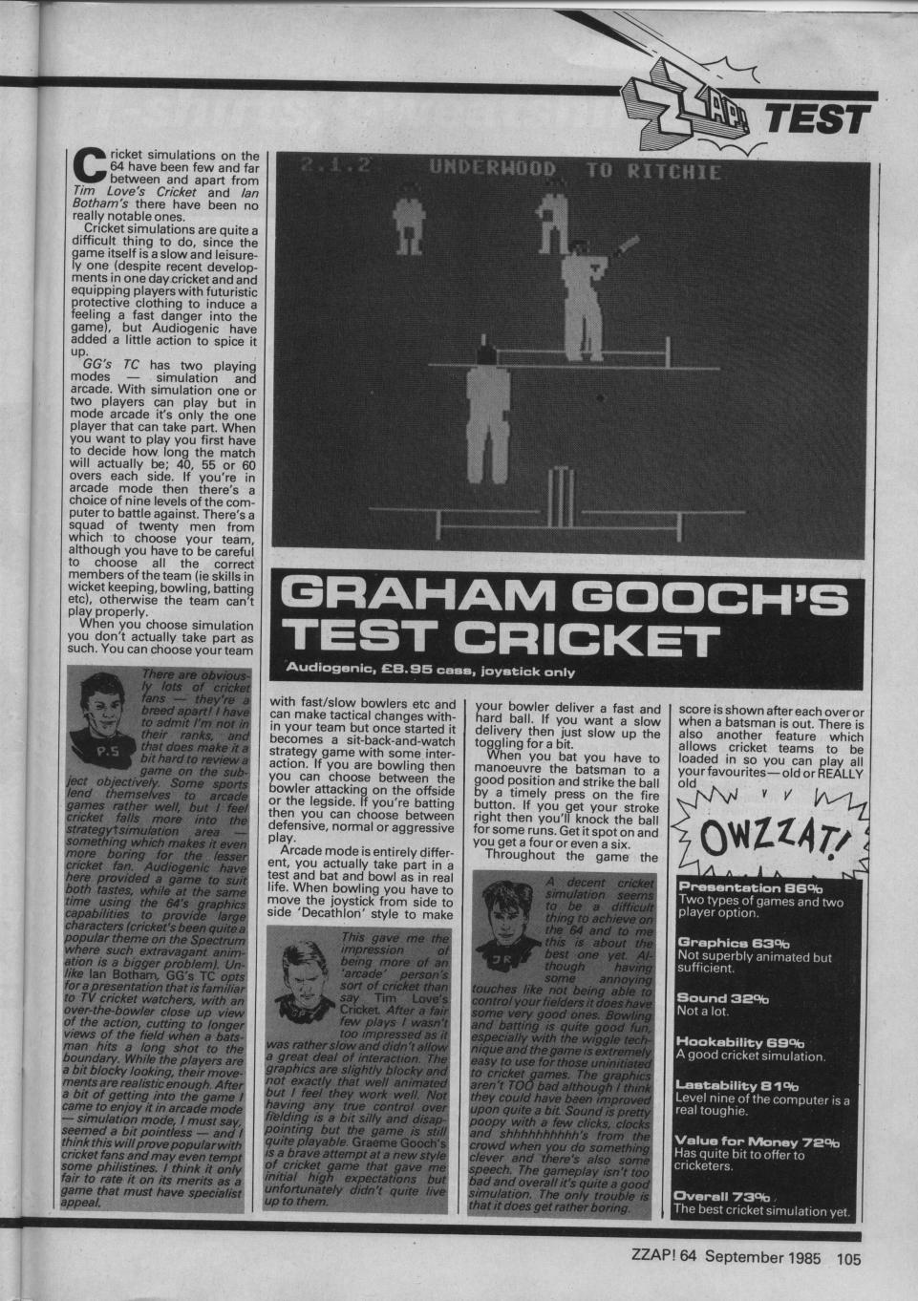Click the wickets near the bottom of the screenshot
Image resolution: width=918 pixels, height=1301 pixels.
tap(566, 492)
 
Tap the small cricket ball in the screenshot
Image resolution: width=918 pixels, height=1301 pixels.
tap(599, 395)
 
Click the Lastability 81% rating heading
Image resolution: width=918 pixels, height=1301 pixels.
tap(737, 1085)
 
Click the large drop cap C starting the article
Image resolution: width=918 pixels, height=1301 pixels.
tap(92, 165)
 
